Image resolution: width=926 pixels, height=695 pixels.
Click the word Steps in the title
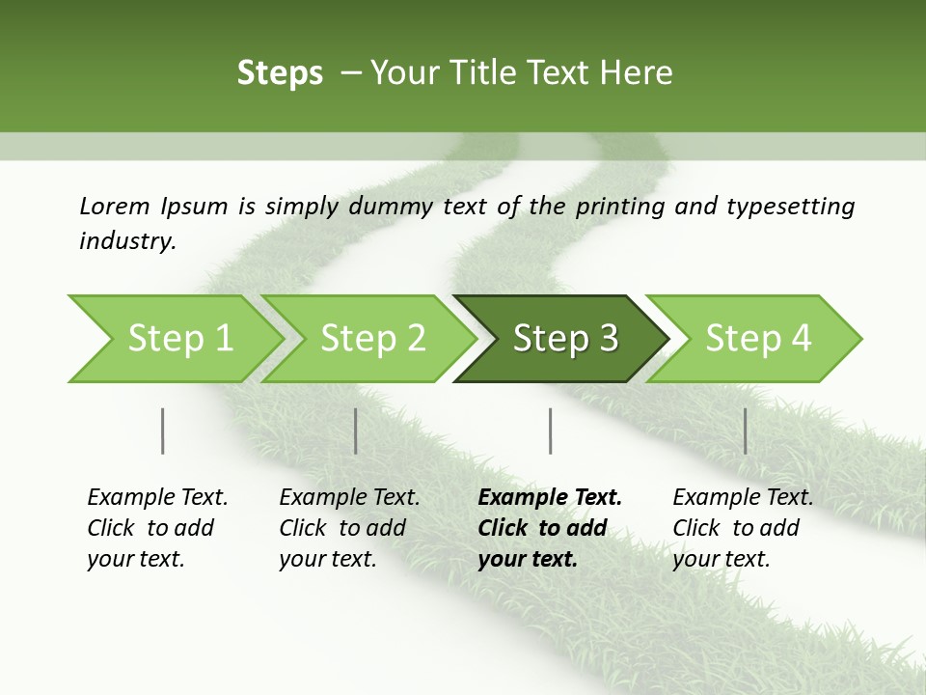point(280,73)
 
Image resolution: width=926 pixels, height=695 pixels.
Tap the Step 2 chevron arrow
point(372,339)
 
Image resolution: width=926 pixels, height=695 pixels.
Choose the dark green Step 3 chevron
point(565,339)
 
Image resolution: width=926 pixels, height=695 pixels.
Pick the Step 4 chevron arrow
point(758,339)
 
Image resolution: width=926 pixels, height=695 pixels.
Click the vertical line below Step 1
point(163,431)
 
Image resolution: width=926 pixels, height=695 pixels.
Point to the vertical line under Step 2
point(356,431)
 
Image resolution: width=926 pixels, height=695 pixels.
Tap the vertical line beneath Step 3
point(551,431)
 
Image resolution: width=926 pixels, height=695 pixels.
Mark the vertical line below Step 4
point(746,431)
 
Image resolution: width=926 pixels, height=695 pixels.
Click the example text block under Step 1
point(157,528)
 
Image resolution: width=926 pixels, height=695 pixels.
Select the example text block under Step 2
point(349,528)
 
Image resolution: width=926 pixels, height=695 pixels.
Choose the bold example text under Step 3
point(550,528)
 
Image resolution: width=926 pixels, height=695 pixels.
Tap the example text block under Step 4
point(743,528)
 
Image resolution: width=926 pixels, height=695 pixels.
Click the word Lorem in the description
point(115,206)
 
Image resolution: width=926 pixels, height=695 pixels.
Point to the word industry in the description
point(127,241)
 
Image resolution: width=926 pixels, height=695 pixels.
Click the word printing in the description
point(622,206)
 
